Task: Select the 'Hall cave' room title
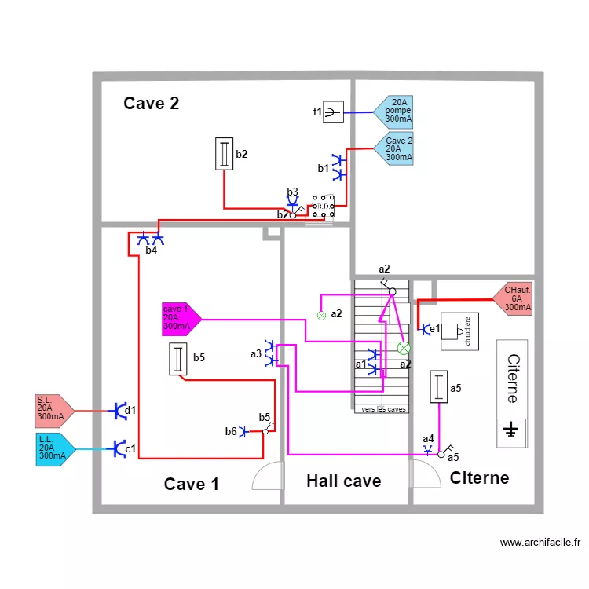pyautogui.click(x=343, y=481)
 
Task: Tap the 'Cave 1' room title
pyautogui.click(x=191, y=484)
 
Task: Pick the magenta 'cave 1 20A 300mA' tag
pyautogui.click(x=180, y=318)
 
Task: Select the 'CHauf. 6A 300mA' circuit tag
pyautogui.click(x=514, y=299)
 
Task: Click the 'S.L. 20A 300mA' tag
pyautogui.click(x=53, y=408)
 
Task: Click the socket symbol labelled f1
pyautogui.click(x=334, y=112)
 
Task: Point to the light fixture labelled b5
pyautogui.click(x=180, y=360)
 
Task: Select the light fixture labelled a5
pyautogui.click(x=438, y=387)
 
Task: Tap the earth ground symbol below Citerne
pyautogui.click(x=511, y=430)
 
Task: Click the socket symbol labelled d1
pyautogui.click(x=119, y=410)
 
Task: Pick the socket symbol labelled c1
pyautogui.click(x=118, y=448)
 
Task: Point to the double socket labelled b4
pyautogui.click(x=150, y=239)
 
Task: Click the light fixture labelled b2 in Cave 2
pyautogui.click(x=225, y=153)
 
